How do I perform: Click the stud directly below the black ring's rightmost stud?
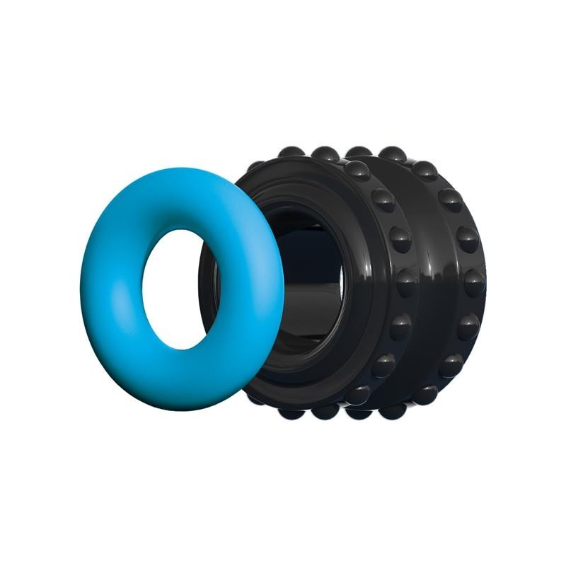tap(467, 326)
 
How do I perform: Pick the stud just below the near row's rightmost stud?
tap(400, 326)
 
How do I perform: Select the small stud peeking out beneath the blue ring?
tap(255, 398)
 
